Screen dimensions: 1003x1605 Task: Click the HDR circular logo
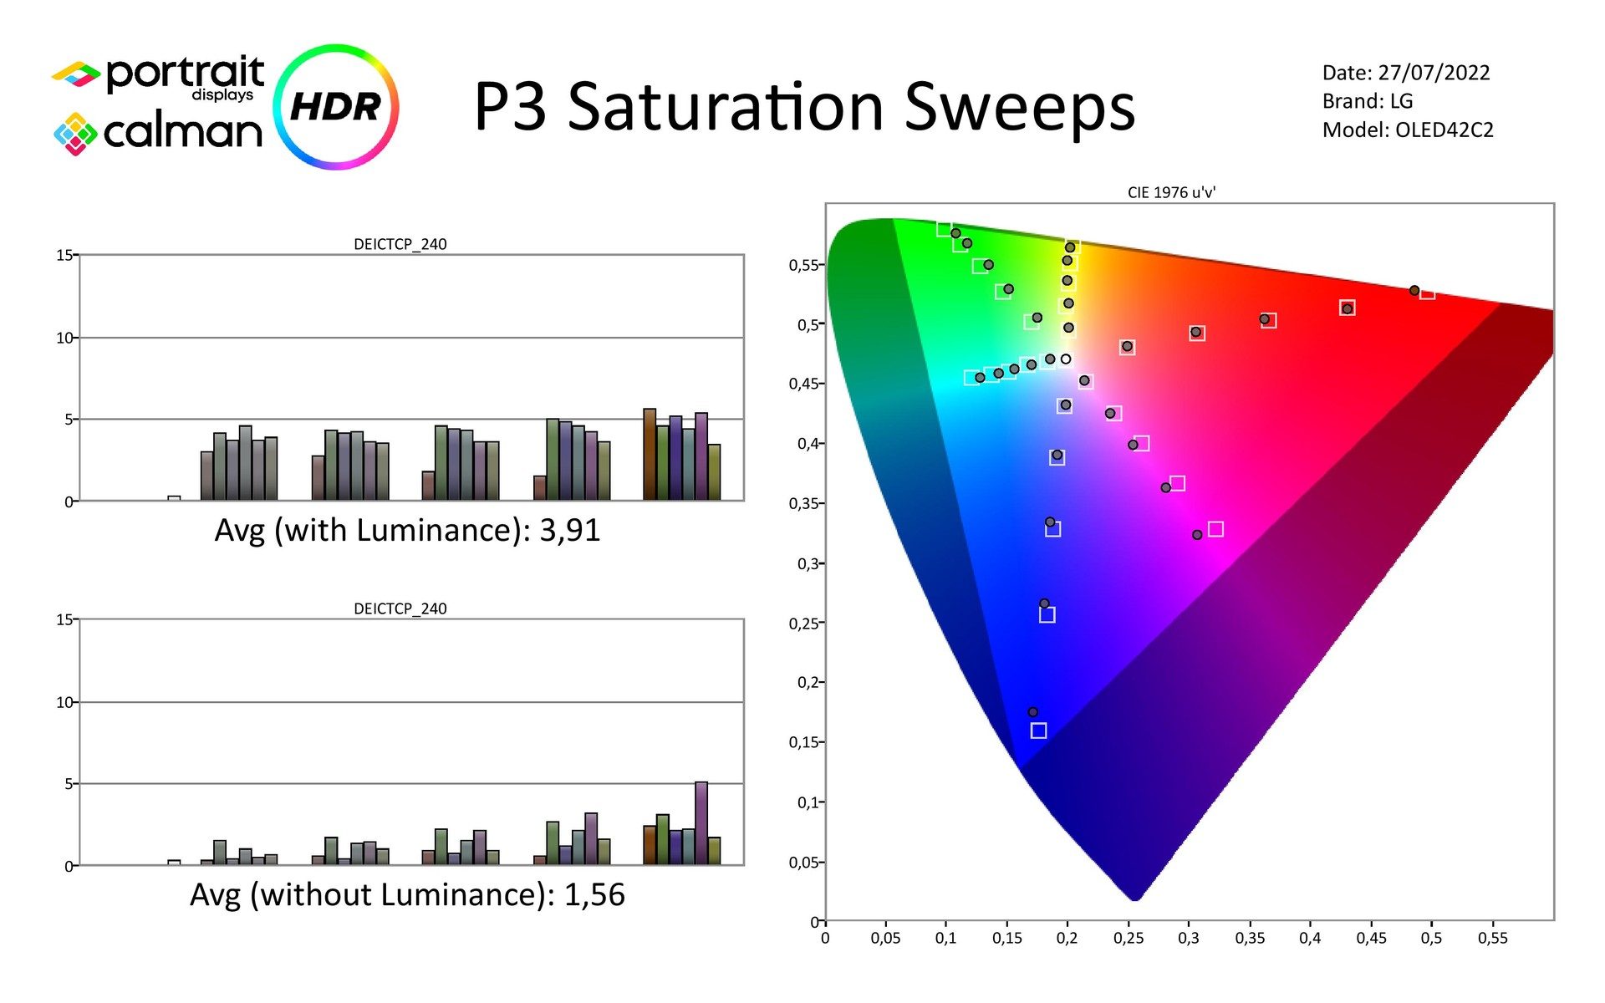[336, 107]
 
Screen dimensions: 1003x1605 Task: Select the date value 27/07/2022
[1434, 73]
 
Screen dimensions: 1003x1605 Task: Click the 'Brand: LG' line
[1367, 101]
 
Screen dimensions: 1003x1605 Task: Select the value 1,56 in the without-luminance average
[594, 894]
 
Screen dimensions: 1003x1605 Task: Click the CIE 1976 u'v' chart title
[1171, 192]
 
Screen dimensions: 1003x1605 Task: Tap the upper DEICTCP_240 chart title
[400, 244]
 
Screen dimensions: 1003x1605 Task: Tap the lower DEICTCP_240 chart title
[400, 608]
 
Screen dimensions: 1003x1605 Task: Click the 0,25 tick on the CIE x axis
[1128, 938]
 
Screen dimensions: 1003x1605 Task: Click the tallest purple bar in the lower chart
[701, 822]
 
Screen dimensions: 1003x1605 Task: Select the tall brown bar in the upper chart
[650, 455]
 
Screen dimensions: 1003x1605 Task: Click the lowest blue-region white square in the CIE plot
[1038, 731]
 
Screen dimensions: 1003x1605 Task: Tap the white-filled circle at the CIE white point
[1066, 359]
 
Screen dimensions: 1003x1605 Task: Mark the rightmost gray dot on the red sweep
[1414, 290]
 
